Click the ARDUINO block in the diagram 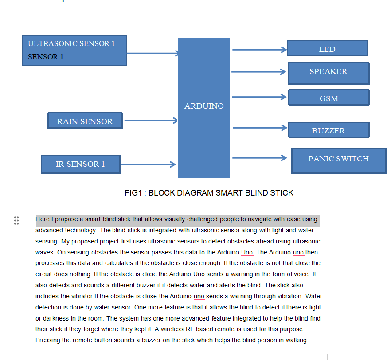(x=204, y=106)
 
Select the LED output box (x=327, y=48)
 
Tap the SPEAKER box (x=328, y=73)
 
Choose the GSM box (x=328, y=98)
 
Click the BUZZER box (x=328, y=130)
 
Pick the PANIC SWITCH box (x=338, y=160)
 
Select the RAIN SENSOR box (x=85, y=121)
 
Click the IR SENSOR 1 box (x=80, y=164)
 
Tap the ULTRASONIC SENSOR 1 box (x=74, y=51)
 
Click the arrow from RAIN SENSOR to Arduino (x=151, y=120)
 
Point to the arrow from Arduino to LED (x=259, y=50)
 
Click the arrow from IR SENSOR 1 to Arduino (x=148, y=164)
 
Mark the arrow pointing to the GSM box (x=259, y=97)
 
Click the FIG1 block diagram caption (x=209, y=193)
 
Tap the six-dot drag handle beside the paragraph (x=16, y=220)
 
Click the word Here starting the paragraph (x=43, y=219)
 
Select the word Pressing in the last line (x=47, y=340)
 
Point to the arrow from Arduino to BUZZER (x=259, y=128)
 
